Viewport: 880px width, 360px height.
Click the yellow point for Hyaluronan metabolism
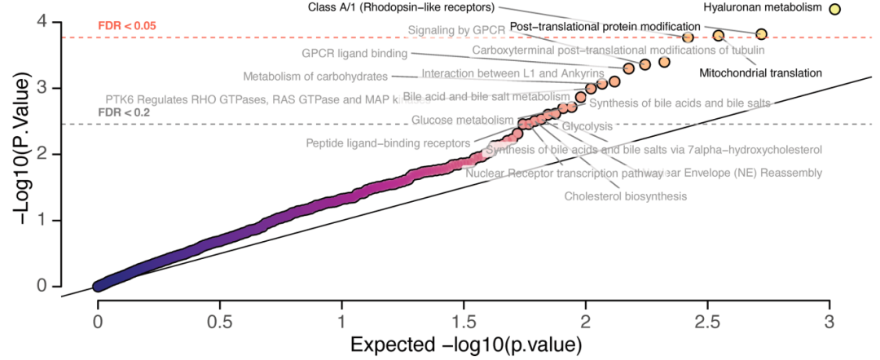[x=834, y=9]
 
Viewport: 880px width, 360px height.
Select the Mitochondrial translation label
[x=760, y=72]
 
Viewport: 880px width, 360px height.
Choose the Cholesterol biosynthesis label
[x=625, y=196]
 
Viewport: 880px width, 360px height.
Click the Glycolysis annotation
[x=587, y=127]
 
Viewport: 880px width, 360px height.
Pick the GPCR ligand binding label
[x=354, y=54]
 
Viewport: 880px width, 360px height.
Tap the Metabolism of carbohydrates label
[x=315, y=77]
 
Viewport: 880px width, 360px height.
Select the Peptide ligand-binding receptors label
[x=388, y=144]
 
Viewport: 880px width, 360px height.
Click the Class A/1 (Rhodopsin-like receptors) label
[x=401, y=7]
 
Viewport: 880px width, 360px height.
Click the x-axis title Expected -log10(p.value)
[x=465, y=345]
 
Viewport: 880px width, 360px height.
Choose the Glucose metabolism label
[x=451, y=121]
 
